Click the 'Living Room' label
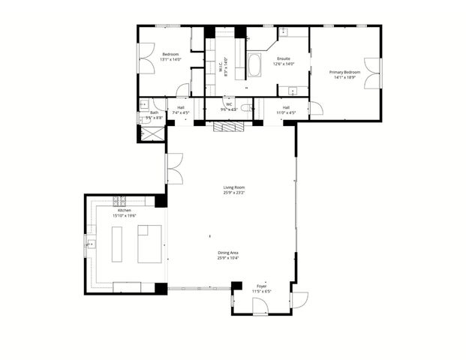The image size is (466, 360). (233, 187)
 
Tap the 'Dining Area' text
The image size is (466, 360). (229, 253)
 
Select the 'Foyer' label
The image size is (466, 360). (261, 286)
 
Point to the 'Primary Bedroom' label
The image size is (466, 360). (345, 72)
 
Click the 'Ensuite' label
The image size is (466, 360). (284, 58)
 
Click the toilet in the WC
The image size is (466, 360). (246, 108)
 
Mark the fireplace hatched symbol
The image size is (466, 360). (228, 126)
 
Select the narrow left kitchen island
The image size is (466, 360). (117, 244)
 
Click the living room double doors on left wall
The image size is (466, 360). (174, 169)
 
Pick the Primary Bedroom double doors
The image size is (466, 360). (373, 73)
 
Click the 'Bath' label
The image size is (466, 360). (153, 112)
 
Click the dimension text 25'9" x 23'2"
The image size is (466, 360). (233, 193)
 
